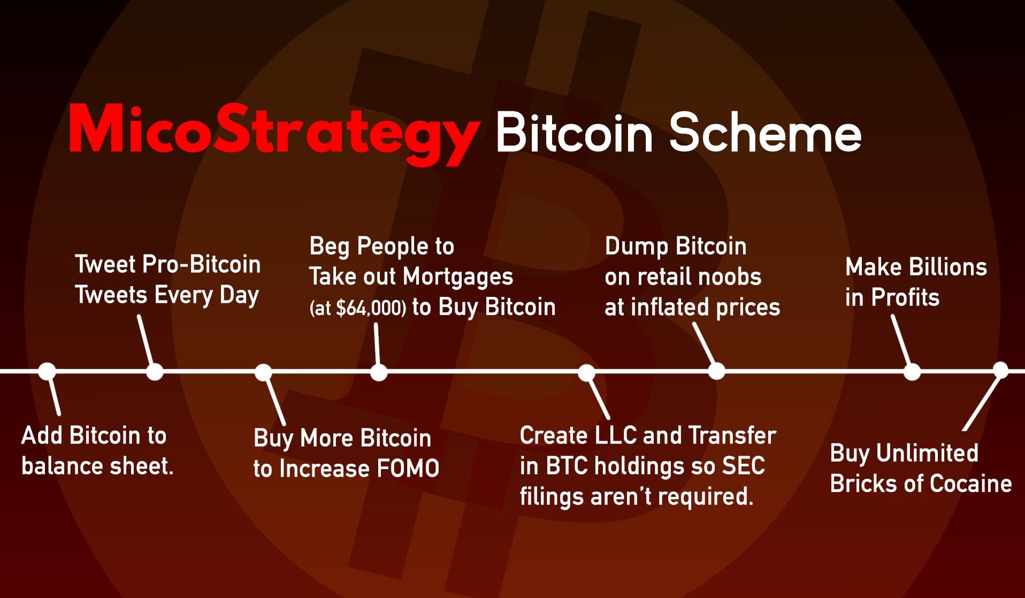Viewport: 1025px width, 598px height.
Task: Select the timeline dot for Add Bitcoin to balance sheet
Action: tap(47, 371)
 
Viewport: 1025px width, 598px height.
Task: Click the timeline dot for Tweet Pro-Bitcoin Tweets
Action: tap(155, 371)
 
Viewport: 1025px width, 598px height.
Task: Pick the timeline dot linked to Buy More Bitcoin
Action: tap(263, 372)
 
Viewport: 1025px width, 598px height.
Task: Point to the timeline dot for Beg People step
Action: tap(379, 372)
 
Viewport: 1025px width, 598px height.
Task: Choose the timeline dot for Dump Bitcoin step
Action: tap(716, 371)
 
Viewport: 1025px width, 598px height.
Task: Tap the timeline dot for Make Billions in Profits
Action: tap(912, 371)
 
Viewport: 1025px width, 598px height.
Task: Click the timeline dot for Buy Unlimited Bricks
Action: tap(1000, 370)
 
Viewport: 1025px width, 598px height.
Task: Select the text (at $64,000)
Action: tap(357, 308)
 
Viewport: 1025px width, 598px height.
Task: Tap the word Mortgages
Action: tap(458, 278)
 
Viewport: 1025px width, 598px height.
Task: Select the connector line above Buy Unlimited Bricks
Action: tap(982, 401)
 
